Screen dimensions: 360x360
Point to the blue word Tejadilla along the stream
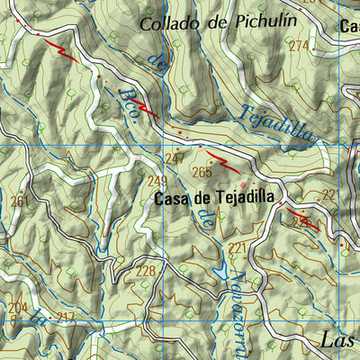coord(277,121)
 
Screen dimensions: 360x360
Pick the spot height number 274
coord(298,46)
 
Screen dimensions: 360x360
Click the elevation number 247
coord(175,159)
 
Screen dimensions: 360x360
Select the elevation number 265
coord(202,172)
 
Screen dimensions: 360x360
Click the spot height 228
coord(145,271)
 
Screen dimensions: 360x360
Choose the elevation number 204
coord(17,308)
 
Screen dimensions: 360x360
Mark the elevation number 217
coord(65,317)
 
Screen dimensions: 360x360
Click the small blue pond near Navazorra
coord(218,269)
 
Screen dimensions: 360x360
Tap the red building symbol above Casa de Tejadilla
coord(216,184)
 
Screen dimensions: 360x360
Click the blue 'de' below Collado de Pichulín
coord(158,63)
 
